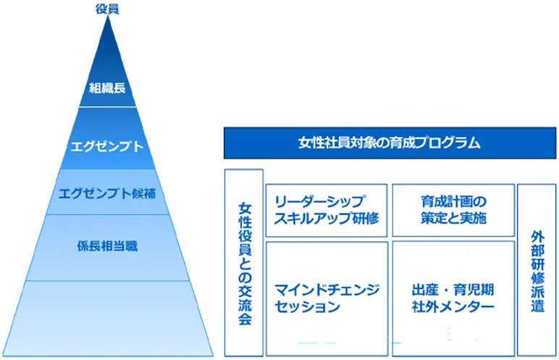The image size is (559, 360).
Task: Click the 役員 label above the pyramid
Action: (x=107, y=9)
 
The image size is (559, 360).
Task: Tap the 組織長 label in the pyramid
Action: (x=107, y=88)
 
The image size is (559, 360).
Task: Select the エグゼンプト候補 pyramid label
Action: (x=108, y=193)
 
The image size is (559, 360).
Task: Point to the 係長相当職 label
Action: (x=107, y=246)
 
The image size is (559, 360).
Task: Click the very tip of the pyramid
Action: (x=108, y=20)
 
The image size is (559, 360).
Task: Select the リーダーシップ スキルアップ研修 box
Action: (x=327, y=209)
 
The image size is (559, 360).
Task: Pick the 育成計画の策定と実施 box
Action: (x=453, y=209)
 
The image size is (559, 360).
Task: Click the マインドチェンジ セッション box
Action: (x=327, y=298)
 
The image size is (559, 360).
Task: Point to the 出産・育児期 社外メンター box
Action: (x=453, y=298)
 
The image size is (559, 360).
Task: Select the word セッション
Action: (x=307, y=307)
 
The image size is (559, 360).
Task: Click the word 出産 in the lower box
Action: (x=424, y=289)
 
